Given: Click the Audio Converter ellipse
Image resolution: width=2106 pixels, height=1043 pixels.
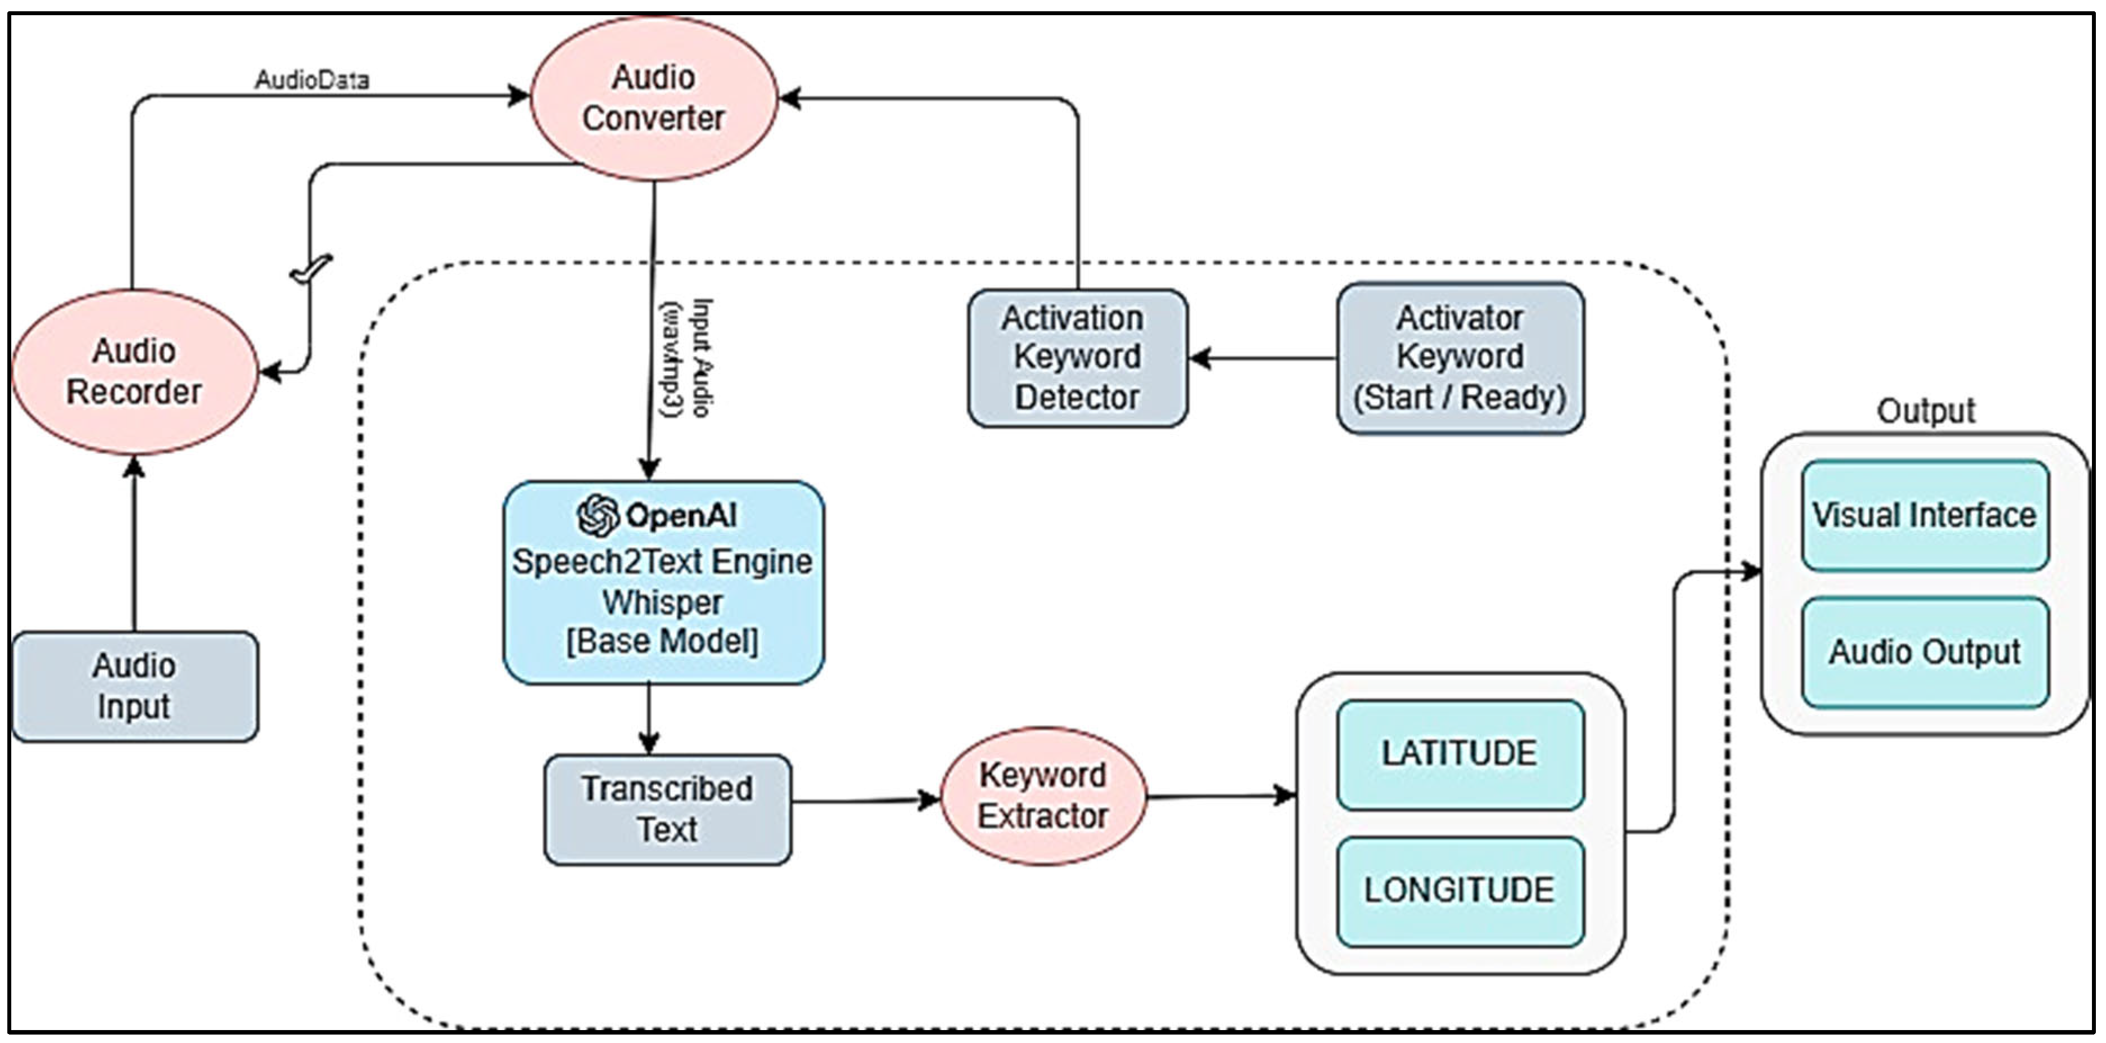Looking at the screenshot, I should pos(653,98).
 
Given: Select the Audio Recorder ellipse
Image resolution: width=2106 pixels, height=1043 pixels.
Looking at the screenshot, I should pos(135,372).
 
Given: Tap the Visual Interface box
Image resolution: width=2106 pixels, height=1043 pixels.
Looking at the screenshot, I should pos(1924,515).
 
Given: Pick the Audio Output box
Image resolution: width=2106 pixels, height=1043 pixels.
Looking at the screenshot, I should pos(1924,653).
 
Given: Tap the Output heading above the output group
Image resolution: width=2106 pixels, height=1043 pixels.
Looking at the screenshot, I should pos(1926,411).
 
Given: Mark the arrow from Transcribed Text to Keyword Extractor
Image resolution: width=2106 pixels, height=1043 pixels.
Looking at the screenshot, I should pos(866,801).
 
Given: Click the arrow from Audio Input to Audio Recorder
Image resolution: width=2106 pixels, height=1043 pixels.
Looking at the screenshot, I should pos(135,544).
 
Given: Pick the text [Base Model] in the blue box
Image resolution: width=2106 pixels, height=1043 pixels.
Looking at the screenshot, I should pos(663,641).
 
